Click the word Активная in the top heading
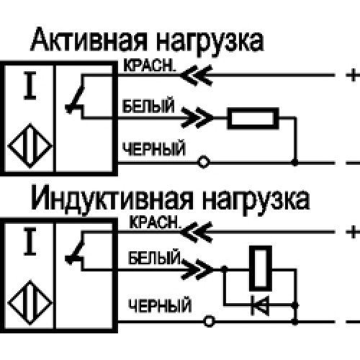[x=89, y=40]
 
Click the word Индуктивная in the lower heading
[x=112, y=199]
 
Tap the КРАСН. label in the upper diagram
[x=149, y=65]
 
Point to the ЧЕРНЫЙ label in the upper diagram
[x=154, y=149]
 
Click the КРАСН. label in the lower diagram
[x=154, y=222]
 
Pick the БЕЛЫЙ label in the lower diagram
[x=154, y=257]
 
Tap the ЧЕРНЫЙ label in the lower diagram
[x=160, y=305]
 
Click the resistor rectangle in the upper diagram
[x=253, y=118]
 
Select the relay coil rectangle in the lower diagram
[x=261, y=269]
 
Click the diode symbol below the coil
[x=260, y=305]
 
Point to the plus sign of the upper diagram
[x=353, y=75]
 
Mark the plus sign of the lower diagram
[x=353, y=232]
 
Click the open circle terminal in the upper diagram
[x=204, y=162]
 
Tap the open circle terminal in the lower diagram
[x=210, y=321]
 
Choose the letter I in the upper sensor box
[x=30, y=86]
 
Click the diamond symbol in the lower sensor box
[x=30, y=302]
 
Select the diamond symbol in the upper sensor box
[x=30, y=145]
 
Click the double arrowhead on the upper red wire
[x=197, y=75]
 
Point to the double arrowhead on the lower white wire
[x=197, y=269]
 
